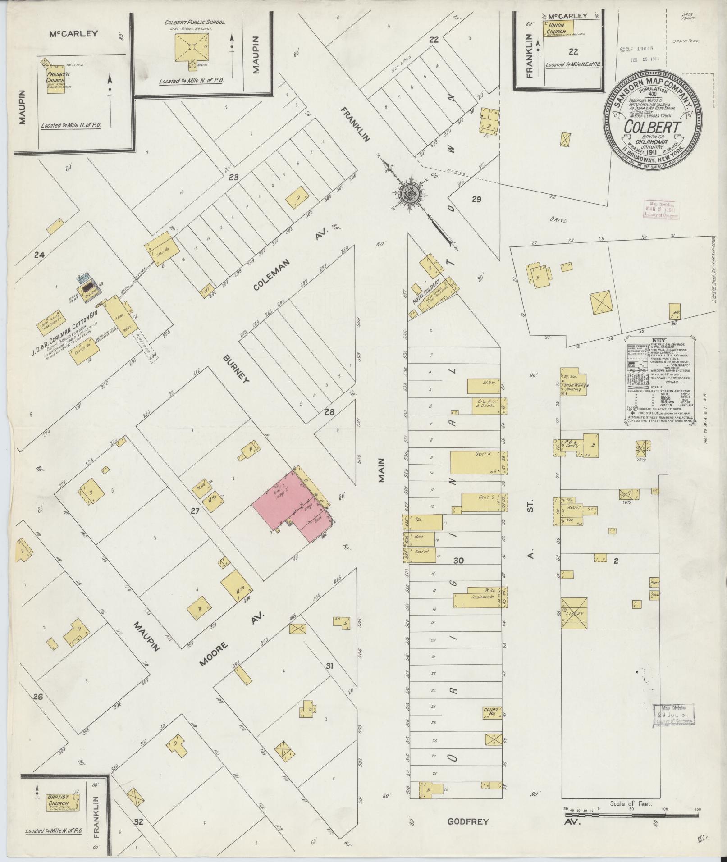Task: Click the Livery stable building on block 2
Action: pos(574,613)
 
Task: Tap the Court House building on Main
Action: pos(493,712)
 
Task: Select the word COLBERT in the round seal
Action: pos(652,127)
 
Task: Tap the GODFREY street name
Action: pos(468,821)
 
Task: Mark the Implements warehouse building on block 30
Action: pos(482,597)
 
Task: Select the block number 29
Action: pos(476,200)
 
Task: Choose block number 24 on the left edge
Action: pos(40,255)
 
